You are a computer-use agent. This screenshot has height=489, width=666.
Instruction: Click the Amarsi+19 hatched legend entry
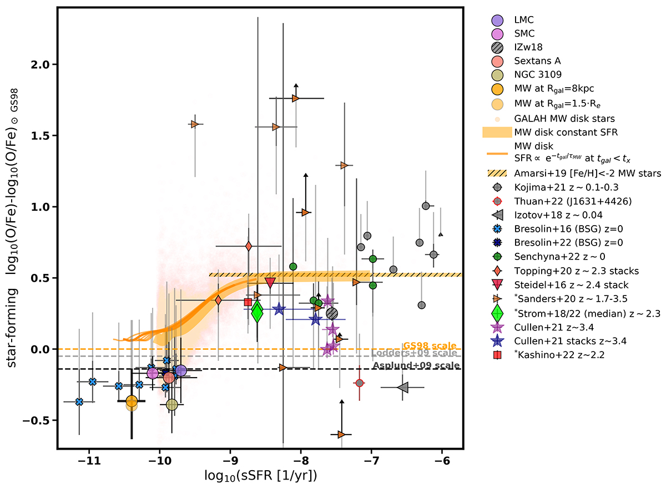(x=561, y=174)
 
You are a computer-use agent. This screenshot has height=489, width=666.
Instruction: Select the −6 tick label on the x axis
(x=442, y=460)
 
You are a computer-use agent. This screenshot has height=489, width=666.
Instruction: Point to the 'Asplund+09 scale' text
(x=416, y=365)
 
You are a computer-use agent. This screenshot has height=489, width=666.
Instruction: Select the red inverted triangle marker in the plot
(x=270, y=283)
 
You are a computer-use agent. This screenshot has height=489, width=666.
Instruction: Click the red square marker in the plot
(x=248, y=302)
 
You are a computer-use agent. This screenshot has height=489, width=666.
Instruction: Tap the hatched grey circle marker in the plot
(x=332, y=313)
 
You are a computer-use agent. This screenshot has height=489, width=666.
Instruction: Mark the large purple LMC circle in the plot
(x=180, y=370)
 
